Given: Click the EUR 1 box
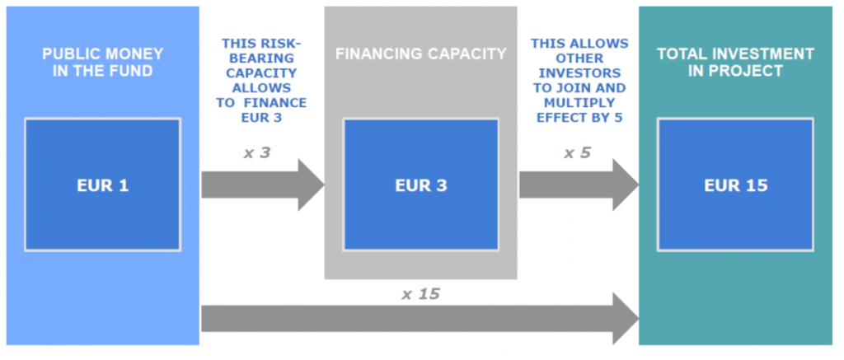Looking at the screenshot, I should (102, 185).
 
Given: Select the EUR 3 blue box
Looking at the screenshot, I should (420, 185).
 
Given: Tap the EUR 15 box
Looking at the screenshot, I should (735, 185).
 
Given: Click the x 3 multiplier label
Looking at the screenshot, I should (257, 152).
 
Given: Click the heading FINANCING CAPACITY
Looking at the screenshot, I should (420, 54).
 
